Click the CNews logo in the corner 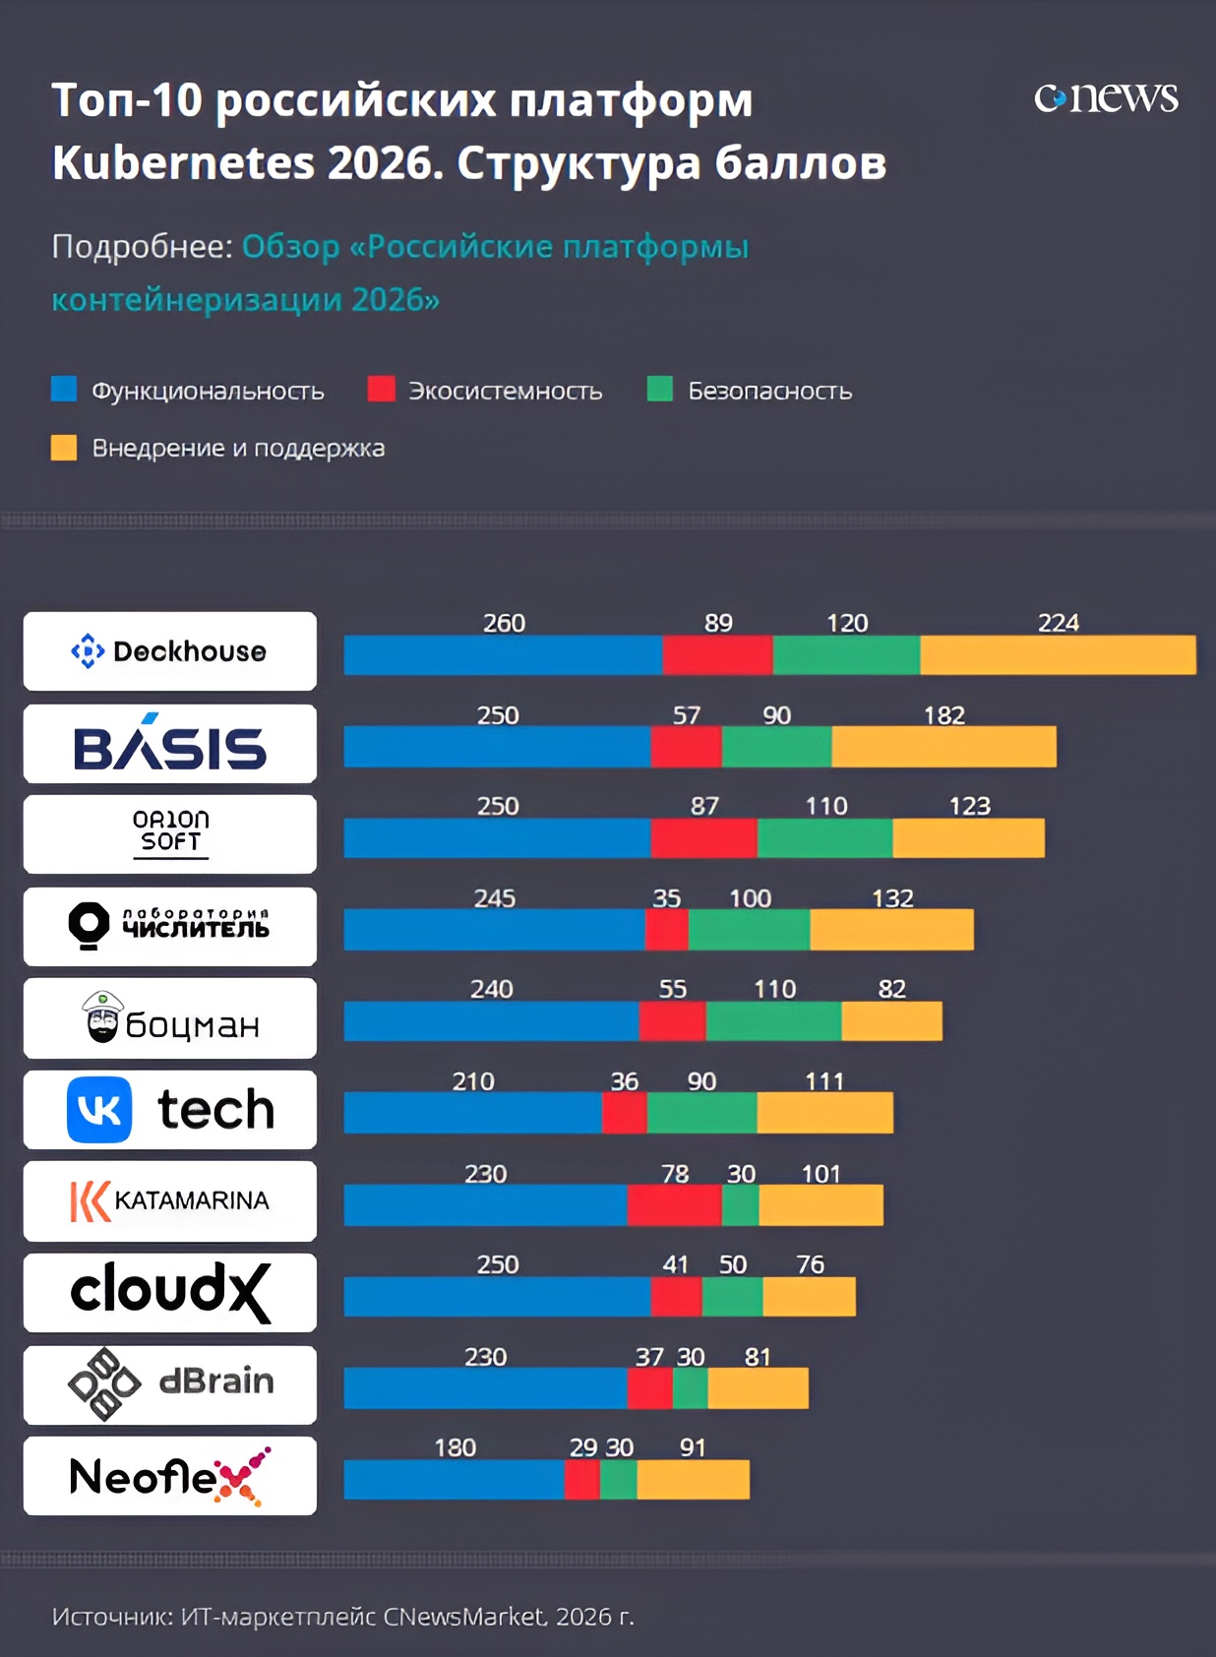coord(1106,97)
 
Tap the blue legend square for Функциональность coord(64,389)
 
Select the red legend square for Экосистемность coord(381,389)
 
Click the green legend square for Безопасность coord(660,389)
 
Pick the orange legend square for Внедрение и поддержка coord(64,448)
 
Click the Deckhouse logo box coord(170,651)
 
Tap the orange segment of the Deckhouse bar coord(1059,654)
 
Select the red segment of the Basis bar coord(687,747)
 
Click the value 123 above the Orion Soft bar coord(970,806)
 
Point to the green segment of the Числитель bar coord(750,930)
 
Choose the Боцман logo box coord(170,1017)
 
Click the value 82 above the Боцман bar coord(892,989)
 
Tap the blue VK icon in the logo coord(99,1110)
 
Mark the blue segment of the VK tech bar coord(472,1113)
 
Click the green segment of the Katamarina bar coord(741,1205)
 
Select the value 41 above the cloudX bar coord(675,1265)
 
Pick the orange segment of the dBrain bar coord(759,1387)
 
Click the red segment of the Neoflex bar coord(582,1480)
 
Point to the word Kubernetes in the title coord(184,162)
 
